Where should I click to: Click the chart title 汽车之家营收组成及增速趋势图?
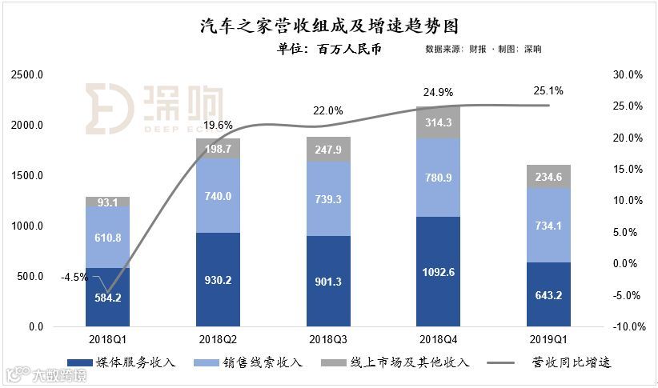(x=328, y=26)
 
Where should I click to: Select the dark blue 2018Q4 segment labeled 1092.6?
(x=438, y=271)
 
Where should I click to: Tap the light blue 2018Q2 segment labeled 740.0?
(x=218, y=196)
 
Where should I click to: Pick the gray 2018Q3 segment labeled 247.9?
(x=328, y=150)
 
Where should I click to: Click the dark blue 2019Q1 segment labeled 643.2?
(x=548, y=294)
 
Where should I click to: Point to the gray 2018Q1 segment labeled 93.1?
(x=108, y=202)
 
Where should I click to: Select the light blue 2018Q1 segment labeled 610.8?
(x=108, y=238)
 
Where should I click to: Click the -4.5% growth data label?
(x=74, y=278)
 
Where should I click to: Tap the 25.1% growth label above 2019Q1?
(x=548, y=90)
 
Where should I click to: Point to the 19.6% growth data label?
(x=218, y=125)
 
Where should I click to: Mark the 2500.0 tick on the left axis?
(x=27, y=75)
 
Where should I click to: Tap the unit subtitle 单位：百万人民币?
(x=328, y=49)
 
